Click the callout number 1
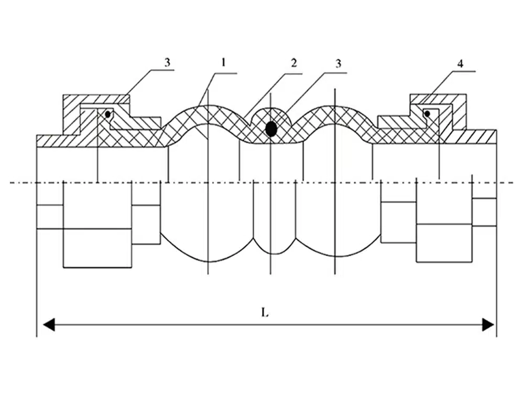[x=223, y=63]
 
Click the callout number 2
[x=294, y=63]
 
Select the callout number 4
[x=460, y=63]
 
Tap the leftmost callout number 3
[x=167, y=62]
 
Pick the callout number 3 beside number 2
[x=339, y=63]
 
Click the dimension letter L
[x=265, y=313]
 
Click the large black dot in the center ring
[x=271, y=128]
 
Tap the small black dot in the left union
[x=107, y=114]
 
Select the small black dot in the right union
[x=428, y=114]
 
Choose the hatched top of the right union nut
[x=438, y=99]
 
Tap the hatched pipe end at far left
[x=50, y=140]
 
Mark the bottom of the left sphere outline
[x=209, y=261]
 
